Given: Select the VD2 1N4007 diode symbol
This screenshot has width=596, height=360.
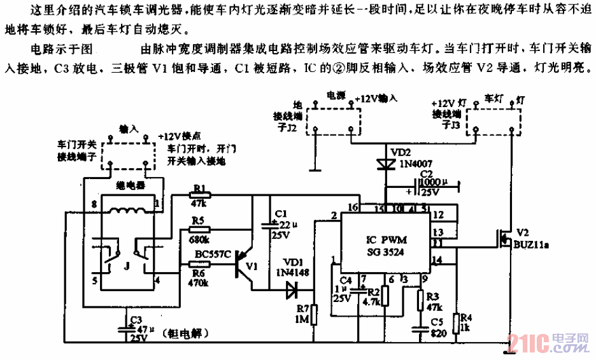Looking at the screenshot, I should tap(385, 163).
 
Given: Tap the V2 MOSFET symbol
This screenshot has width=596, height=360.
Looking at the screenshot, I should tap(504, 240).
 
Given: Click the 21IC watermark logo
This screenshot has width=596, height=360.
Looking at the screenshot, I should tap(548, 344).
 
